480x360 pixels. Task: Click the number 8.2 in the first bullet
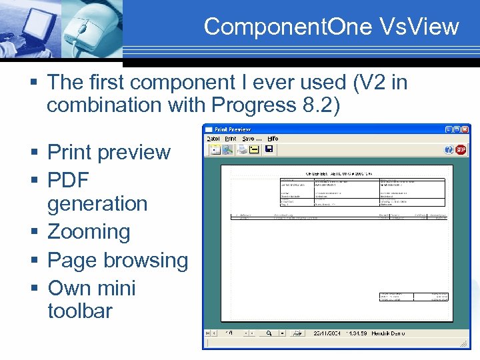pyautogui.click(x=314, y=105)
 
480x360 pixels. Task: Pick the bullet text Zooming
pyautogui.click(x=89, y=232)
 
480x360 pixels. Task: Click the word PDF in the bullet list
pyautogui.click(x=68, y=180)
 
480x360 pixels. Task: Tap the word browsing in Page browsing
pyautogui.click(x=151, y=260)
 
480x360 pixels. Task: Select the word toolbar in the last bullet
pyautogui.click(x=80, y=311)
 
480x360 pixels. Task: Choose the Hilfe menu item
pyautogui.click(x=272, y=139)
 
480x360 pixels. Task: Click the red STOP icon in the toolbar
pyautogui.click(x=460, y=150)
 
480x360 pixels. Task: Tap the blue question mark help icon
pyautogui.click(x=449, y=150)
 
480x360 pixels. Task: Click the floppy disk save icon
pyautogui.click(x=269, y=149)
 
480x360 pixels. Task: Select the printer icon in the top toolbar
pyautogui.click(x=243, y=149)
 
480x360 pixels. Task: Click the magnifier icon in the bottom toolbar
pyautogui.click(x=268, y=332)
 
